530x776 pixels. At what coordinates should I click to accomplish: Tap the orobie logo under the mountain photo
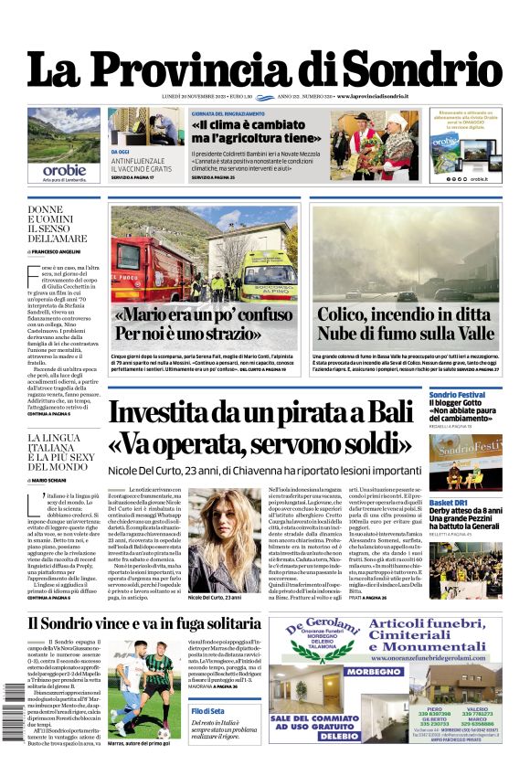64,169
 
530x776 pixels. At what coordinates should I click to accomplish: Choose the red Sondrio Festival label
457,394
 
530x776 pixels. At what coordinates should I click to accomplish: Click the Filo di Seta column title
208,710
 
